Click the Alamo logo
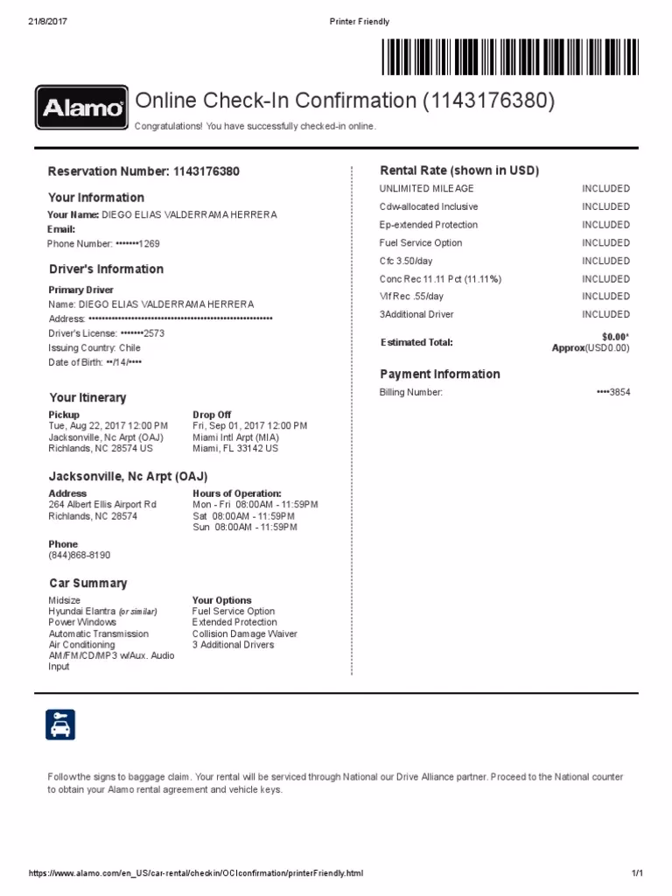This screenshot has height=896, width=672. pyautogui.click(x=80, y=108)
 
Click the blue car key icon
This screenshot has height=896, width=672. pyautogui.click(x=60, y=724)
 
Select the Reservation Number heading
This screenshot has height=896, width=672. pyautogui.click(x=143, y=171)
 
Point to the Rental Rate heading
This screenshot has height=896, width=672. pyautogui.click(x=458, y=171)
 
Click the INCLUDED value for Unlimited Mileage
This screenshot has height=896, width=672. pyautogui.click(x=605, y=189)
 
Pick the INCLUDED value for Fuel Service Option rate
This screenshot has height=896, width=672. pyautogui.click(x=605, y=243)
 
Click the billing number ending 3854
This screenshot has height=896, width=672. pyautogui.click(x=612, y=393)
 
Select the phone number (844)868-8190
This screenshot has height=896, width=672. pyautogui.click(x=80, y=556)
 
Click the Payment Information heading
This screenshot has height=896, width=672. pyautogui.click(x=439, y=374)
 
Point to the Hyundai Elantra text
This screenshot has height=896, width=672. pyautogui.click(x=82, y=612)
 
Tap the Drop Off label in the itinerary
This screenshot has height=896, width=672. pyautogui.click(x=212, y=415)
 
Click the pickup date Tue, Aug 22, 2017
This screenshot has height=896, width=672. pyautogui.click(x=108, y=426)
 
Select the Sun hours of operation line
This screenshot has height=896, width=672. pyautogui.click(x=244, y=528)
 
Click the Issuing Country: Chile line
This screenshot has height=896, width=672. pyautogui.click(x=94, y=348)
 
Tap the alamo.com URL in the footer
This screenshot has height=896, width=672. pyautogui.click(x=195, y=874)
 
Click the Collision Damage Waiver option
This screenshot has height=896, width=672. pyautogui.click(x=245, y=634)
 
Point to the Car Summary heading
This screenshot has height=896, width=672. pyautogui.click(x=88, y=584)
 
